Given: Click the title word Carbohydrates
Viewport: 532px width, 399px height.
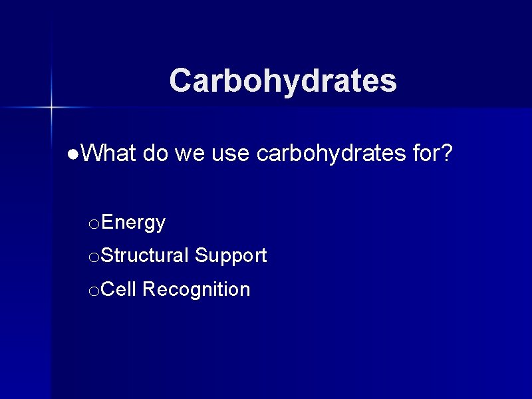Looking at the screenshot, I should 283,81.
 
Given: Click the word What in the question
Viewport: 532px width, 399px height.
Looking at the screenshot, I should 109,154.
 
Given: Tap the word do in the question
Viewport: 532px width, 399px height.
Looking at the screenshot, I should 155,154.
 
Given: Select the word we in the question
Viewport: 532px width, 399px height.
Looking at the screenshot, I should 190,154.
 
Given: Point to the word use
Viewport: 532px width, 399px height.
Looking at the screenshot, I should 231,154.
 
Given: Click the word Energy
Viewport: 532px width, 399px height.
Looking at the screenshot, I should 134,223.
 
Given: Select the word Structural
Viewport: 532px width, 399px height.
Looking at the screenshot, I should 146,255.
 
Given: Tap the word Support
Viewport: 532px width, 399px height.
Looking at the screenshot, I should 231,255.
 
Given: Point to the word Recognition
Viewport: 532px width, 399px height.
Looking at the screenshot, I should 196,289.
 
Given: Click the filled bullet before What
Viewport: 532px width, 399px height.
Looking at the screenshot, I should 72,155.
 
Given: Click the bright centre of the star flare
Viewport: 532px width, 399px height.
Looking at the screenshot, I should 51,106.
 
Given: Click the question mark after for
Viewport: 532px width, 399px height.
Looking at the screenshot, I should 447,154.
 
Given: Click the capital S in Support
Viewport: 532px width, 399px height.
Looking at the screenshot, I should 201,255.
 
